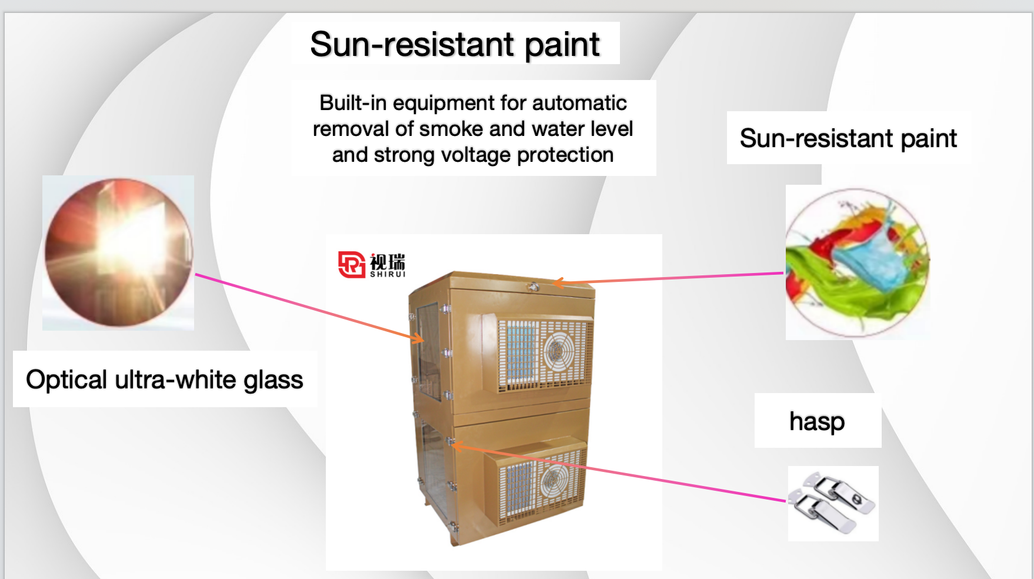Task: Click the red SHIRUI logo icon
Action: tap(352, 264)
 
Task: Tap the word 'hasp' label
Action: tap(817, 421)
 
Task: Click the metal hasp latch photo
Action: tap(832, 503)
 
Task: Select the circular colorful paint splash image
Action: tap(858, 262)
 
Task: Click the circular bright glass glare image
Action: tap(119, 252)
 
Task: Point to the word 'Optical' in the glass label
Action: tap(67, 380)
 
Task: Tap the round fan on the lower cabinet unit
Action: tap(553, 480)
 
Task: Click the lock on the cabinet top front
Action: tap(533, 287)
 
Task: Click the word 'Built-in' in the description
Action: tap(353, 103)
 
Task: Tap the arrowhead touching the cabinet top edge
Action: tap(558, 283)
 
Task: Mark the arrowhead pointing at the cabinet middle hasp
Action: tap(456, 445)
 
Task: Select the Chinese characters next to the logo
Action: tap(388, 261)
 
